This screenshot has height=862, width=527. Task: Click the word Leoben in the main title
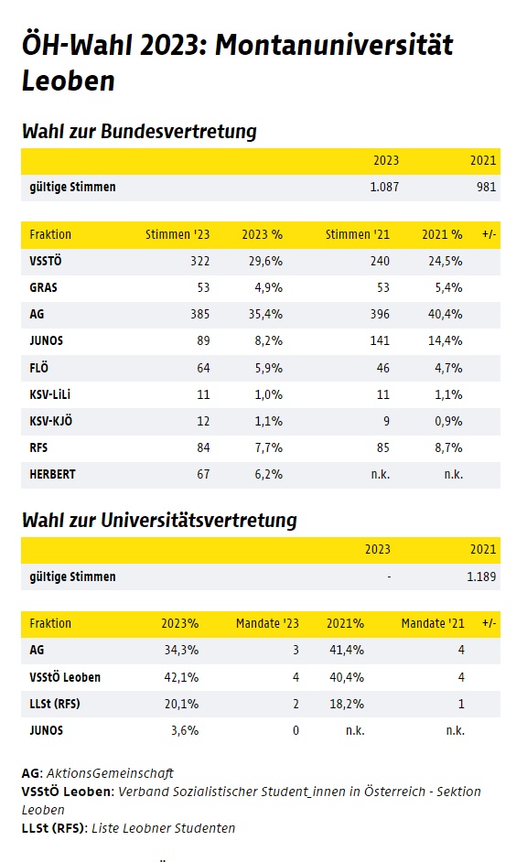(68, 81)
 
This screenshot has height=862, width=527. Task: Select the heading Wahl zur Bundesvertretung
(140, 132)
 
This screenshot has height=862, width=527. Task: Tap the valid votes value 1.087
(384, 187)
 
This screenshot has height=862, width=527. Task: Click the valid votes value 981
(487, 187)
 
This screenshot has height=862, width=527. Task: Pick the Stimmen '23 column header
(177, 235)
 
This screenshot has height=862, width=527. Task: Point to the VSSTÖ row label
(46, 261)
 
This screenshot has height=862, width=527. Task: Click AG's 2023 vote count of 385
(200, 314)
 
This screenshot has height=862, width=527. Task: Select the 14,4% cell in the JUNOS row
(446, 340)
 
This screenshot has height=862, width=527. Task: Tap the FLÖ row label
(39, 367)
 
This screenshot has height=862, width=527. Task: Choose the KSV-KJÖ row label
(51, 421)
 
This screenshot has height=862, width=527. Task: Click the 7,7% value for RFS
(269, 447)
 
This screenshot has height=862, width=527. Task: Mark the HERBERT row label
(53, 474)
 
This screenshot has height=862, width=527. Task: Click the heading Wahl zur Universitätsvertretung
(159, 520)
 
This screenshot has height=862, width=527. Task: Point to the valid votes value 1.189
(481, 576)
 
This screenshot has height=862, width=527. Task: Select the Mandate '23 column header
(268, 623)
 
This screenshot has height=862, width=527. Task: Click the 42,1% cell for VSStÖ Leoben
(181, 677)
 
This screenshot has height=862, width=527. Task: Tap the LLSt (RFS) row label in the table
(55, 704)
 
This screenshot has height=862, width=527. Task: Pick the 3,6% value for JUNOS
(185, 730)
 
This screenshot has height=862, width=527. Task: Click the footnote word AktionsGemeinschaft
(110, 773)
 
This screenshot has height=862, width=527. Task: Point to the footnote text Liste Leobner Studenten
(163, 828)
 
